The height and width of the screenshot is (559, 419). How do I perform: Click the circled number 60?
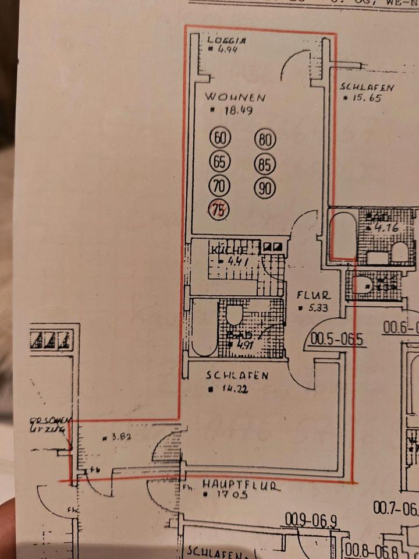coord(219,139)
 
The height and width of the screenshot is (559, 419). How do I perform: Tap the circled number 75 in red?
coord(219,210)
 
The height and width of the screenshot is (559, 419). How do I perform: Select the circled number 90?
coord(265,188)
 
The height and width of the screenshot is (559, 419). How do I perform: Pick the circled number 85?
coord(265,165)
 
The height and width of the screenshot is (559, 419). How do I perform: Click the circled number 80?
coord(265,140)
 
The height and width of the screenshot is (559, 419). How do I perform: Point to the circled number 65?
coord(219,162)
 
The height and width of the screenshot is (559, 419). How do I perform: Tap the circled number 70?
coord(219,186)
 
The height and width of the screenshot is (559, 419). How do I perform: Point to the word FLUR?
coord(314,295)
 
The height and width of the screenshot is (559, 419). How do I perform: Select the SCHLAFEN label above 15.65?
coord(367,88)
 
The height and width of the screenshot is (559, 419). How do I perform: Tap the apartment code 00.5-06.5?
coord(338,338)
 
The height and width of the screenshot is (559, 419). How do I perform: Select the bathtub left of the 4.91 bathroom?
coord(203,327)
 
